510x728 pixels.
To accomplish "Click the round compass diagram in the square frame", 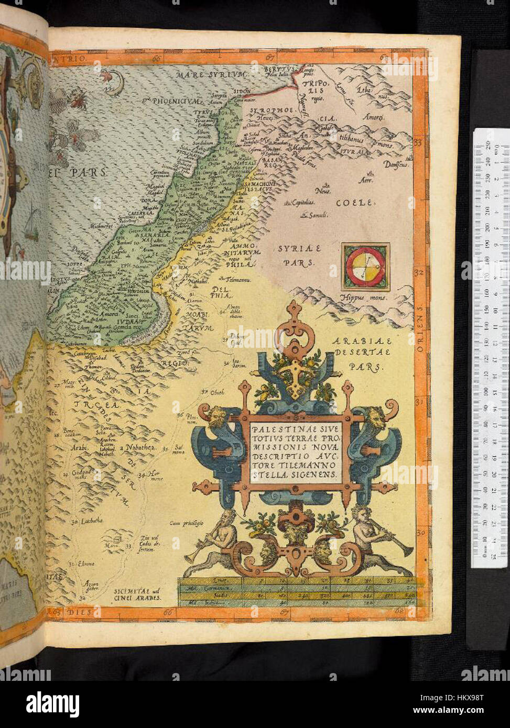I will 365,266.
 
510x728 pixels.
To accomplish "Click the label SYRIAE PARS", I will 302,255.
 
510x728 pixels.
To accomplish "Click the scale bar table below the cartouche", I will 296,592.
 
